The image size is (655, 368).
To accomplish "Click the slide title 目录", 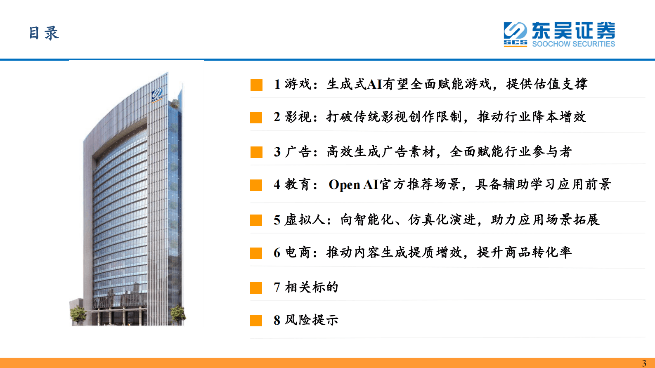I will tap(44, 33).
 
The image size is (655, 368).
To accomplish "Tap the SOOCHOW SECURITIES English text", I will tap(573, 44).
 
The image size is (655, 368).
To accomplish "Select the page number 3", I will tap(644, 363).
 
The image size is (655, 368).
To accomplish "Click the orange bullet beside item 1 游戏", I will tap(256, 85).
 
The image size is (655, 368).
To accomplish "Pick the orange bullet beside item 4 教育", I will tap(256, 185).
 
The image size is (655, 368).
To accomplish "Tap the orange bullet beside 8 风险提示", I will tap(256, 321).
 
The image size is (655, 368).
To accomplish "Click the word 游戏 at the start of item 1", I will tap(298, 84).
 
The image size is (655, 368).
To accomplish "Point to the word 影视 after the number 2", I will tap(298, 117).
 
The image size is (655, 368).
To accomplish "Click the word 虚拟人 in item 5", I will tap(305, 219).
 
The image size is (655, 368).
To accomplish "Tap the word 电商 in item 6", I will tap(298, 252).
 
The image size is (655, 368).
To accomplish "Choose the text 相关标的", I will tap(312, 287).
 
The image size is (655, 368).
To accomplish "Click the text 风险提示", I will tap(312, 320).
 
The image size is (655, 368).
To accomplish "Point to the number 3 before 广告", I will tap(277, 152).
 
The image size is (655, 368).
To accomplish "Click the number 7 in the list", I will tap(277, 287).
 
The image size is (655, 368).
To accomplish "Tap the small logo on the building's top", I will tap(157, 94).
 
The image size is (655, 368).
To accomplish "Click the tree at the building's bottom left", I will tap(78, 315).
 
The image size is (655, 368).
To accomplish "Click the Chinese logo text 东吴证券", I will tap(573, 31).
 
